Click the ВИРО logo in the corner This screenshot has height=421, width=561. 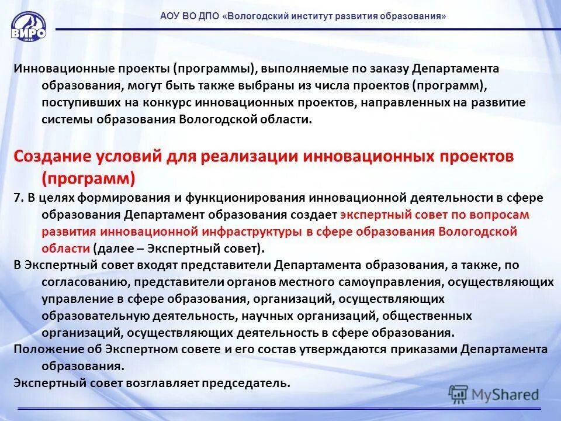coord(28,26)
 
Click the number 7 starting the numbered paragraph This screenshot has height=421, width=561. coord(18,198)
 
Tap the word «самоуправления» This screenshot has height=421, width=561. coord(395,282)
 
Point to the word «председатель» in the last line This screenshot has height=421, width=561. coord(245,384)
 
